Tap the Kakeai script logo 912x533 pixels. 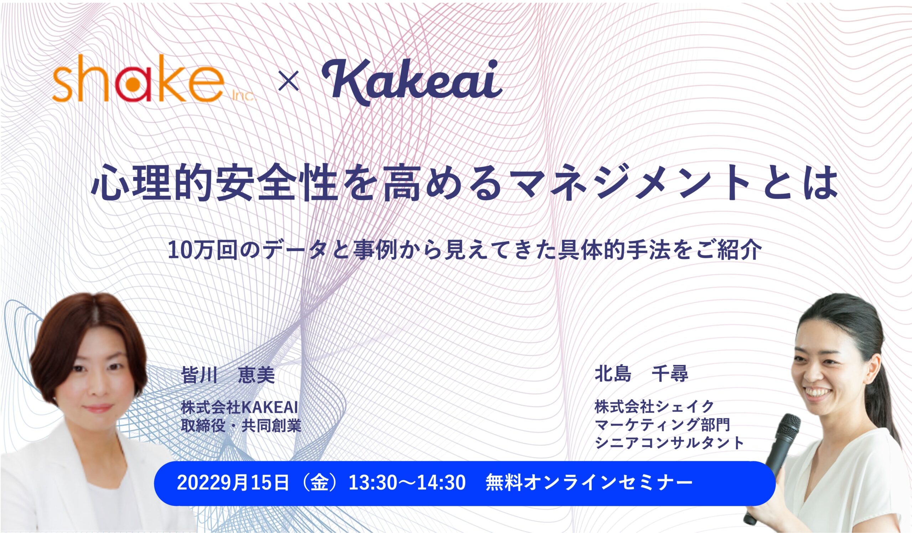[x=412, y=82]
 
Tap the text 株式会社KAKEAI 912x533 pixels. [x=239, y=408]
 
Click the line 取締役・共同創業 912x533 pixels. [x=241, y=426]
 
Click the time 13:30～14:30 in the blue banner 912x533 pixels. [x=407, y=483]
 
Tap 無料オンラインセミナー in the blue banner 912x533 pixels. [x=589, y=483]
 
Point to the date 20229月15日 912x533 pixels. [x=233, y=483]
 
